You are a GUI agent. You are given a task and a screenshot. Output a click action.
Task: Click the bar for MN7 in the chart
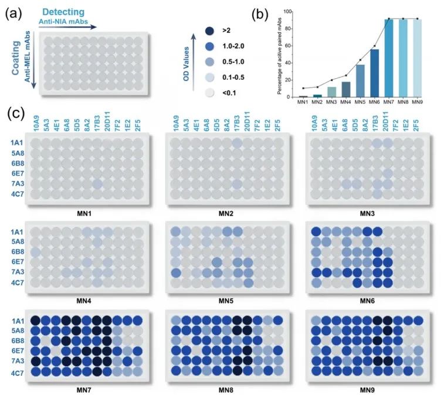[x=388, y=58]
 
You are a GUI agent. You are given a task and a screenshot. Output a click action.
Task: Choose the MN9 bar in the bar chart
[x=417, y=58]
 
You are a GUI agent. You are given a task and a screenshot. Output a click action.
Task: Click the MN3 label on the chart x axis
[x=331, y=102]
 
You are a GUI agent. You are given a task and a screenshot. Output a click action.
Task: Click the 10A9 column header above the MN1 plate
[x=37, y=126]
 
